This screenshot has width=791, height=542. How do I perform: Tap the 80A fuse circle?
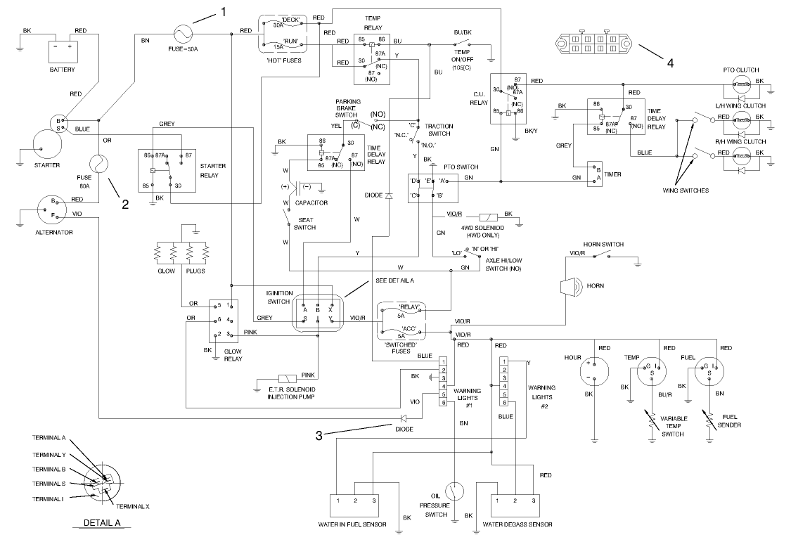coord(100,163)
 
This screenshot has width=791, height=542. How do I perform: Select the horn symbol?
coord(569,286)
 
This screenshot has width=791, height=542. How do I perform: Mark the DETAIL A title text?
coord(103,523)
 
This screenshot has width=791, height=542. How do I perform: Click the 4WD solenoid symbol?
coord(487,217)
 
